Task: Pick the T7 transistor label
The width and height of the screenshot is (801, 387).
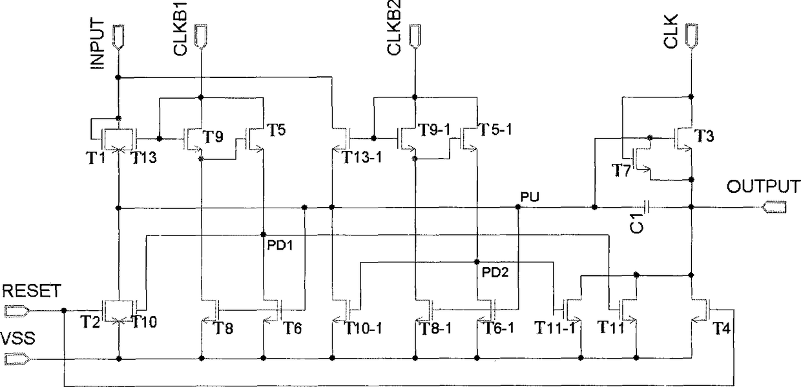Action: click(x=619, y=168)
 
